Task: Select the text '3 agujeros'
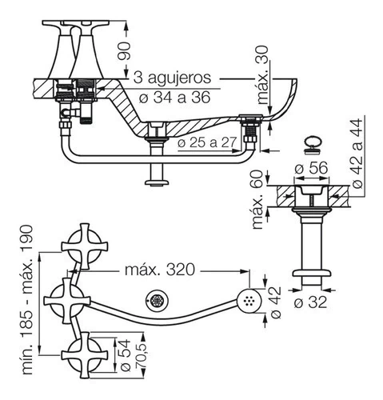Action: (x=172, y=78)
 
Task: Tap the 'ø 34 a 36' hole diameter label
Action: (x=175, y=97)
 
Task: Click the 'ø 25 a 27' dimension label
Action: (x=207, y=142)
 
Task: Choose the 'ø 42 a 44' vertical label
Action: (x=357, y=154)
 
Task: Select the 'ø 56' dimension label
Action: (x=311, y=168)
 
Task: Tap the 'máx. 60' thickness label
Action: (x=257, y=200)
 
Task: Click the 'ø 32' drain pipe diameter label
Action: (x=310, y=302)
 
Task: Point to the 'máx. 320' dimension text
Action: (x=160, y=270)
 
